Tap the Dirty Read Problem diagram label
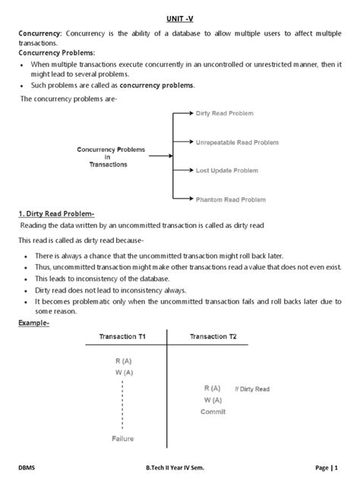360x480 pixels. pyautogui.click(x=224, y=112)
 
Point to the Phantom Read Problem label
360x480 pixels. pyautogui.click(x=231, y=199)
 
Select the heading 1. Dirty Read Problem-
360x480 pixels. pyautogui.click(x=62, y=213)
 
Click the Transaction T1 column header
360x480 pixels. pyautogui.click(x=123, y=336)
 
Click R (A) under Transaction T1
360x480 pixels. pyautogui.click(x=122, y=361)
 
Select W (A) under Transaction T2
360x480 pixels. pyautogui.click(x=213, y=399)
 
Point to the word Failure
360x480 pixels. pyautogui.click(x=123, y=439)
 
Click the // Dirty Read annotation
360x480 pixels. pyautogui.click(x=252, y=389)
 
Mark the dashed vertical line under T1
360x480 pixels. pyautogui.click(x=122, y=403)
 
